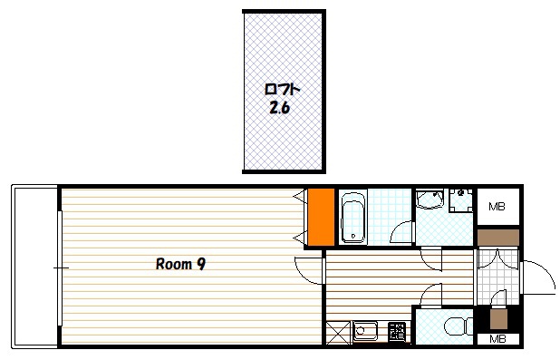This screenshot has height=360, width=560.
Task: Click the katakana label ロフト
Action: click(282, 90)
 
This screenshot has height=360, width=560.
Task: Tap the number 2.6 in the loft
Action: click(279, 107)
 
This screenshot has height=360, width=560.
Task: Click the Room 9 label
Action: click(180, 264)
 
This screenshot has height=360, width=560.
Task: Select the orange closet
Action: click(321, 218)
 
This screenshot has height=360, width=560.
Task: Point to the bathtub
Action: click(352, 218)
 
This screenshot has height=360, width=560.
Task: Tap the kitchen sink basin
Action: click(365, 331)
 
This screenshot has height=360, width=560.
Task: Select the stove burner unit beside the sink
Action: click(397, 331)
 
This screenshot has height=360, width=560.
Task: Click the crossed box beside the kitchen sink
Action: click(338, 333)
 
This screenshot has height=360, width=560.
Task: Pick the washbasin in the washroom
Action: click(430, 199)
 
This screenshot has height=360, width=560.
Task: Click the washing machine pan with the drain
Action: click(461, 200)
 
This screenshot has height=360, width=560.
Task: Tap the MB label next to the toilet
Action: click(497, 338)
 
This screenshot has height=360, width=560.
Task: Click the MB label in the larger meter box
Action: click(497, 206)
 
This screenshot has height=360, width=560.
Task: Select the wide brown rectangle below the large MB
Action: click(498, 238)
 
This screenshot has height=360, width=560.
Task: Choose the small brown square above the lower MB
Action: click(498, 319)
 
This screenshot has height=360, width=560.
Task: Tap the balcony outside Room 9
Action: click(34, 266)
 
